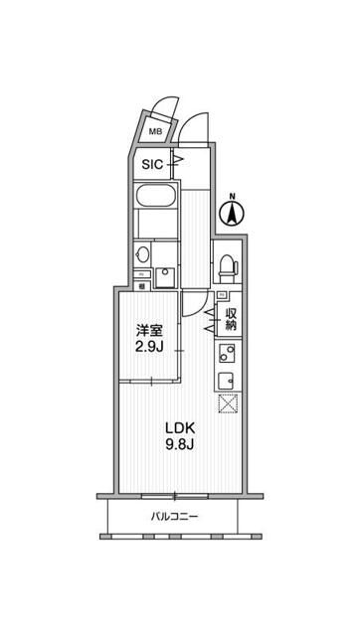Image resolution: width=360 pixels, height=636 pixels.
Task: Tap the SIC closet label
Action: coord(152,164)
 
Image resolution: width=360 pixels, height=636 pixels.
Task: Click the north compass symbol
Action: coord(232,213)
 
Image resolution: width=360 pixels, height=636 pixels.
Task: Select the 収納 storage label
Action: coord(231,318)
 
